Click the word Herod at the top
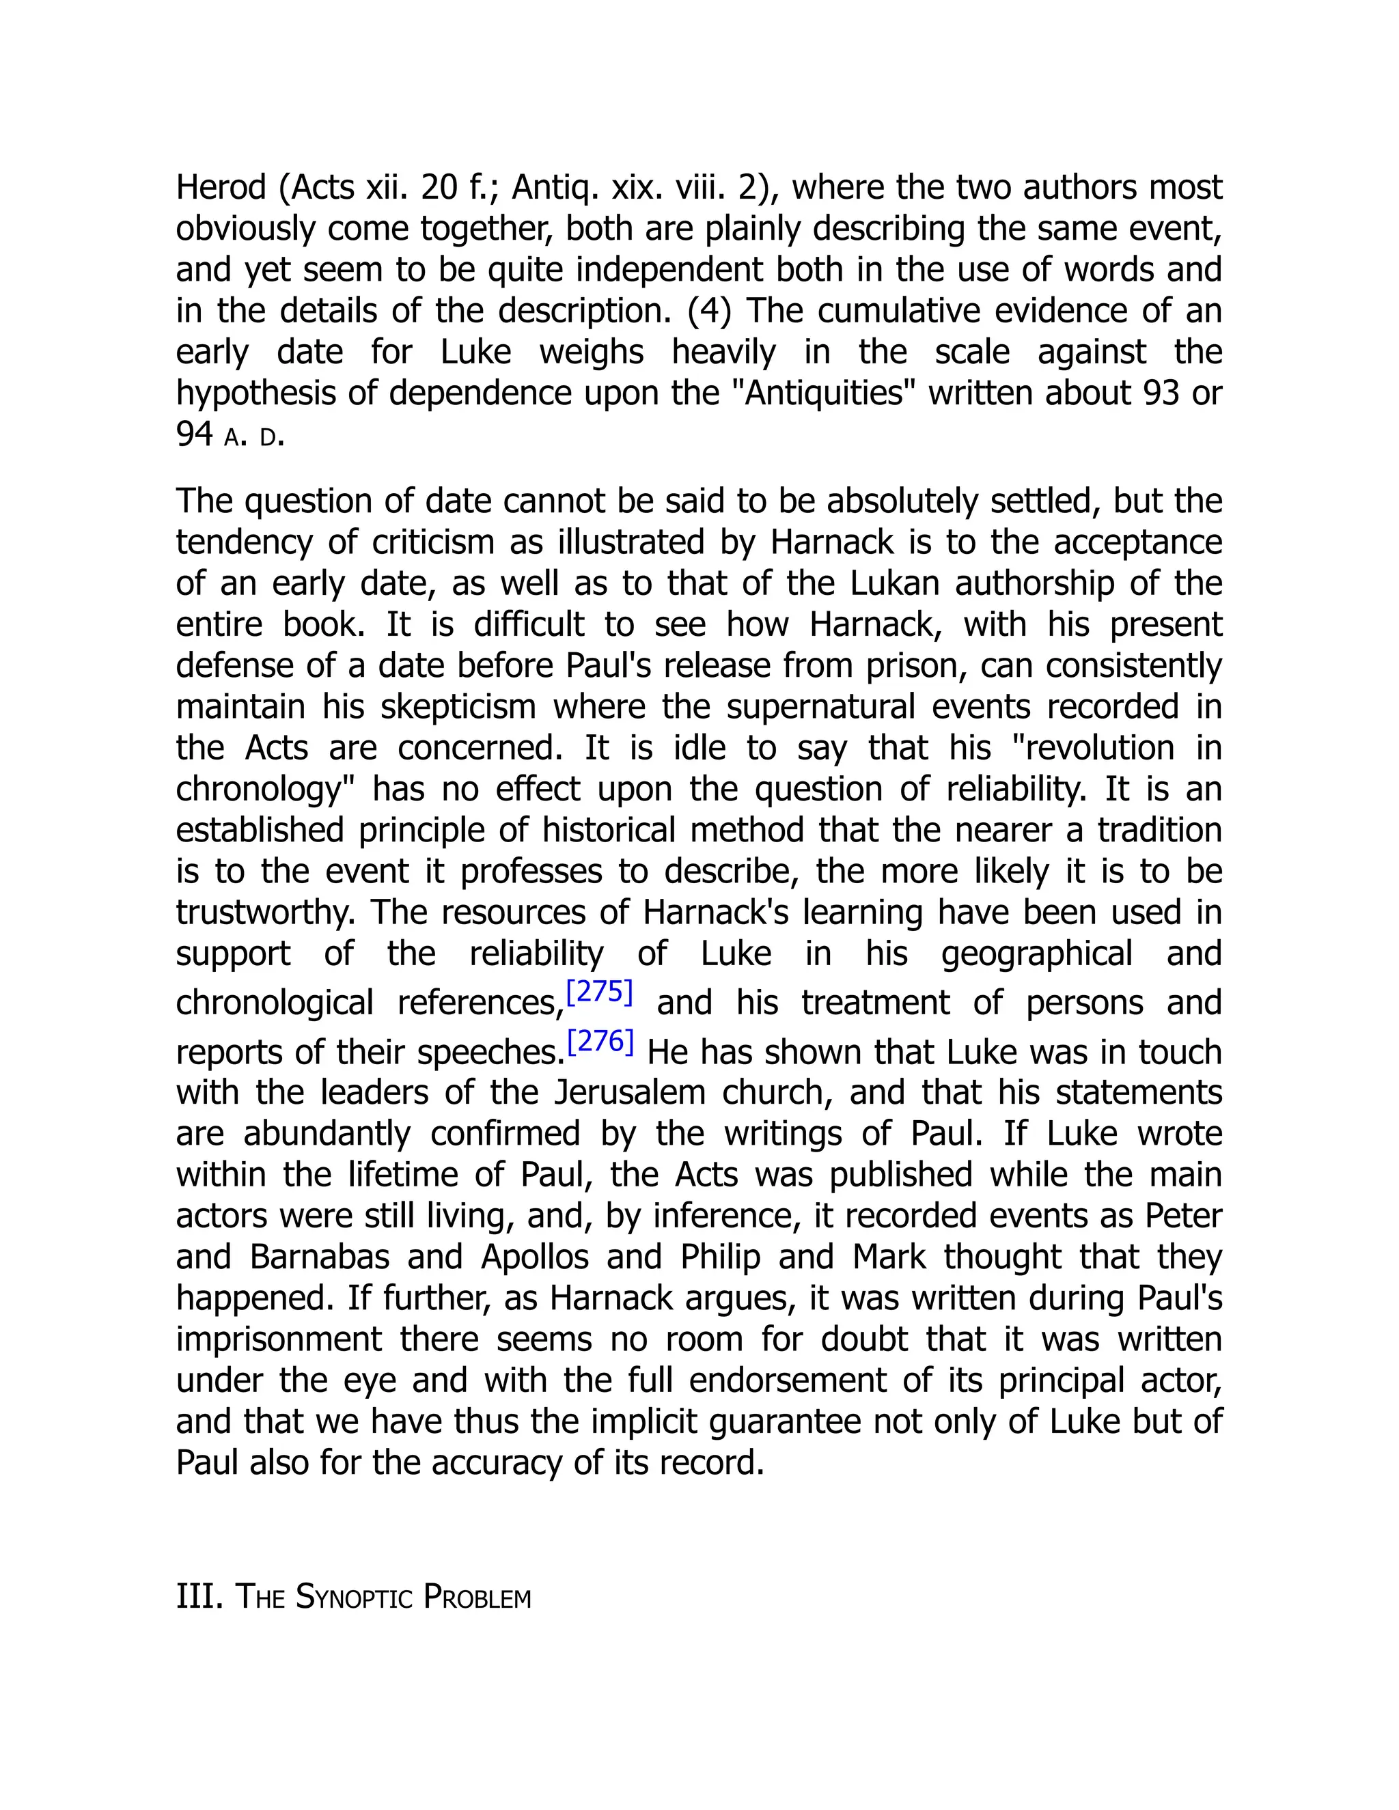coord(221,187)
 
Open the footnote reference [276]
coord(600,1042)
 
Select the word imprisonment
coord(279,1339)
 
